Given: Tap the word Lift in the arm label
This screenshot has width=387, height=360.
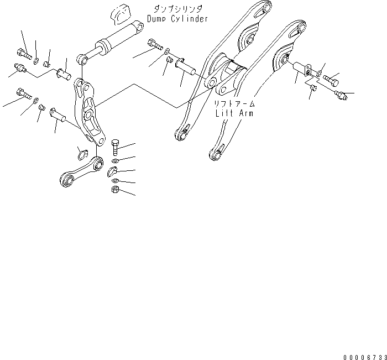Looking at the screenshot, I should (x=226, y=113).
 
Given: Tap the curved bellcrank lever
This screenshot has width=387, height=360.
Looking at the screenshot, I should (x=89, y=113).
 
